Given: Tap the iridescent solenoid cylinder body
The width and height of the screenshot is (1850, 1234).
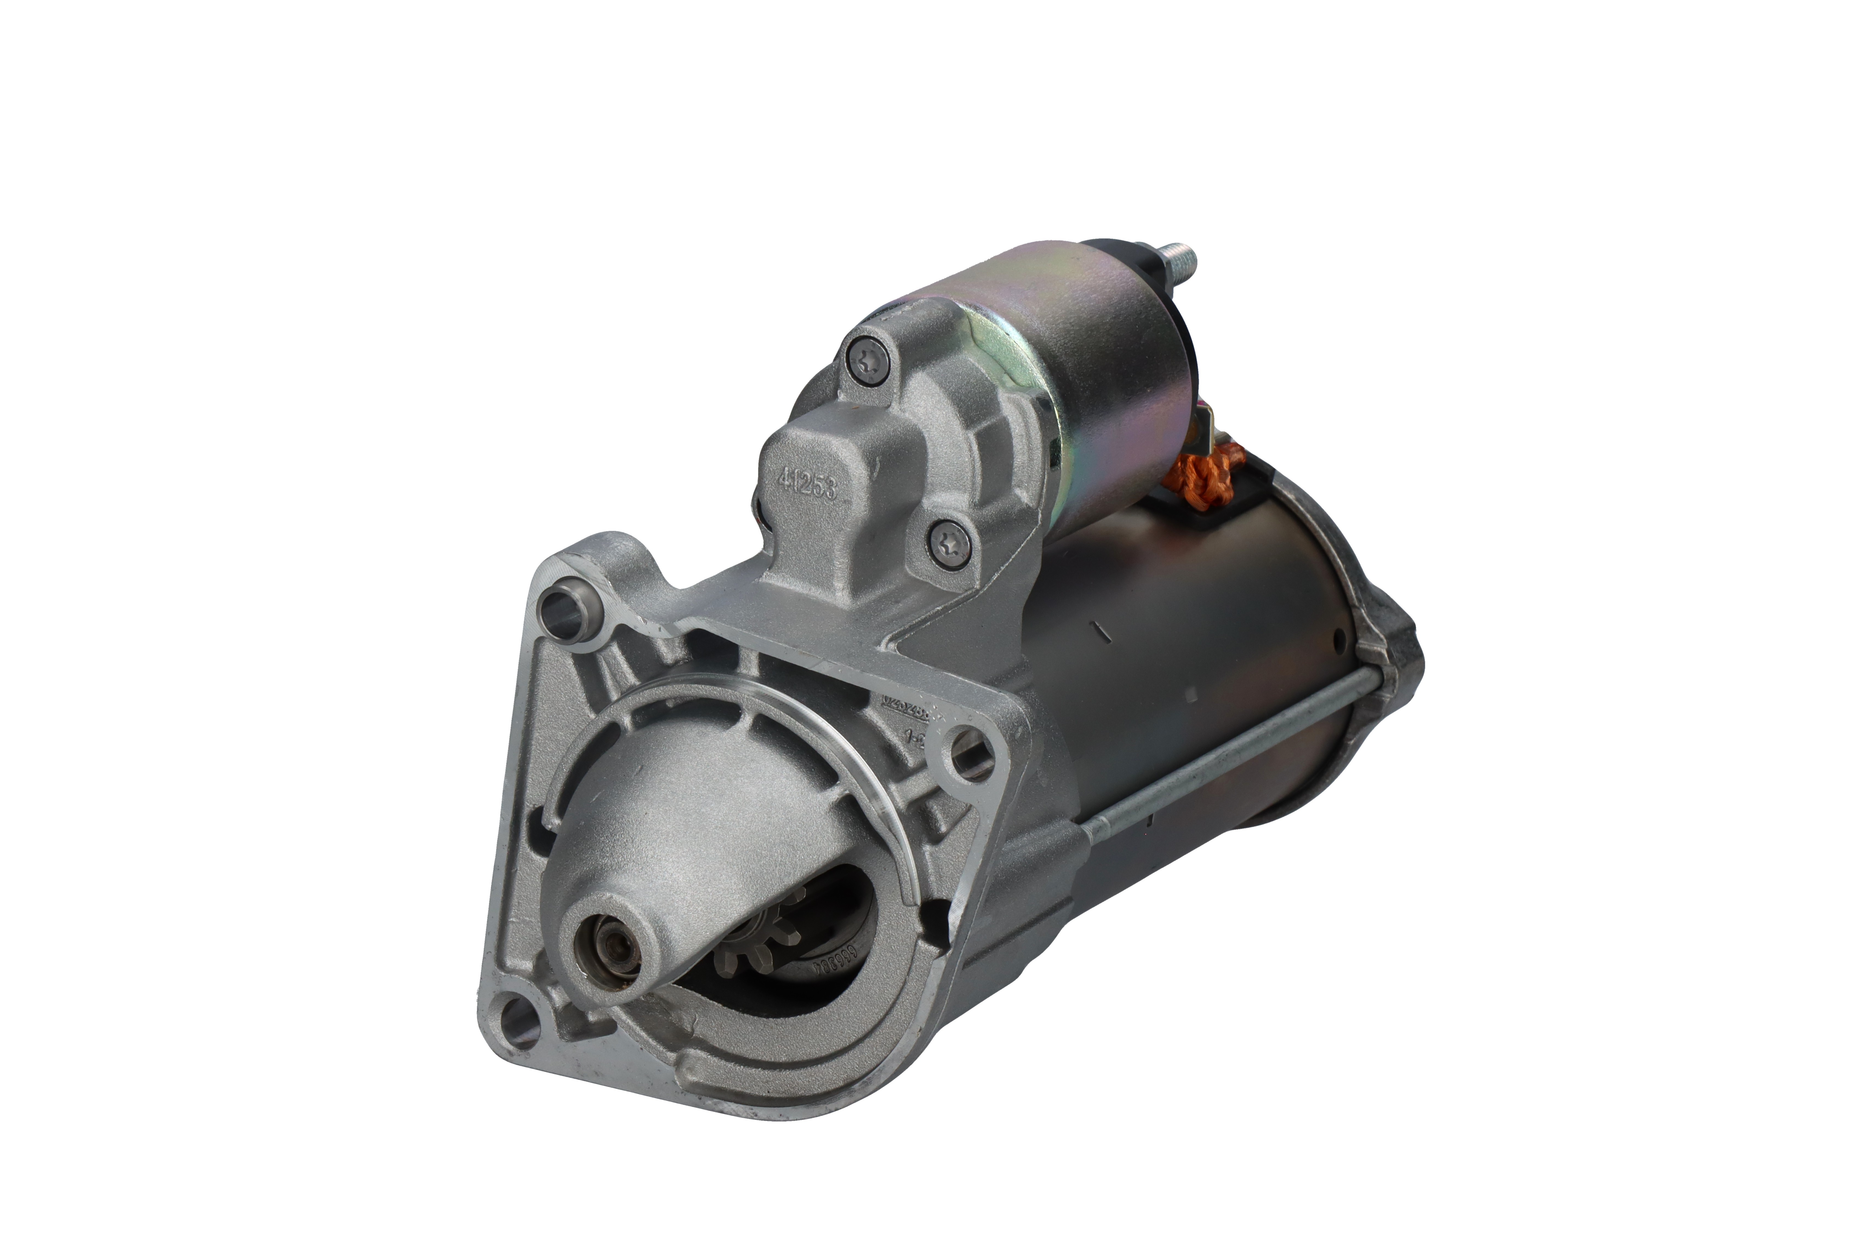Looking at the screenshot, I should [1101, 378].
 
